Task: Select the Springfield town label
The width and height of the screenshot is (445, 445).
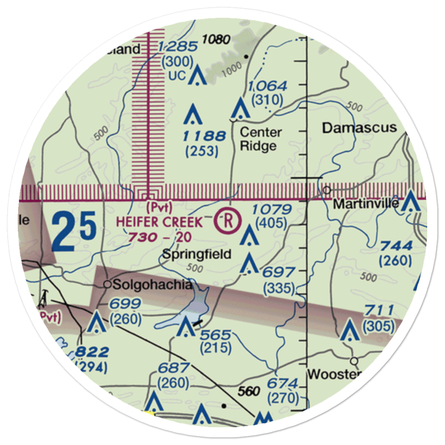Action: point(196,254)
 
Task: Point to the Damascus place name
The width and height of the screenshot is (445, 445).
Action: point(359,128)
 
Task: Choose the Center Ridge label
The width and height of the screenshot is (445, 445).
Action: point(261,139)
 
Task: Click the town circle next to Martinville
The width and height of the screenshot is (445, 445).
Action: point(327,190)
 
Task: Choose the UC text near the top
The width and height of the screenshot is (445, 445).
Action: point(177,76)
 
